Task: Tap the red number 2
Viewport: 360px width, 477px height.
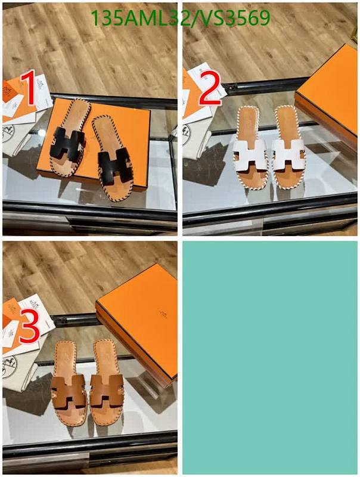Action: [x=209, y=89]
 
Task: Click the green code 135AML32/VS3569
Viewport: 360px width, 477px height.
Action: [x=179, y=19]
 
